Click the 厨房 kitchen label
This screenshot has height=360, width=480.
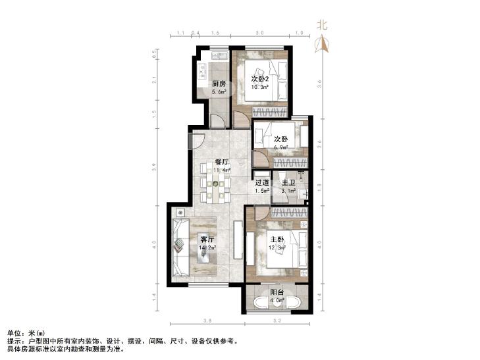tap(219, 84)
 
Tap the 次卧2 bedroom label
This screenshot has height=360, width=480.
tap(260, 79)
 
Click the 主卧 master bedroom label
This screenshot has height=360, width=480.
tap(277, 240)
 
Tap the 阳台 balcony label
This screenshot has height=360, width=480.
tap(277, 292)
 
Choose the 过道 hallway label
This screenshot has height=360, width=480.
tap(262, 183)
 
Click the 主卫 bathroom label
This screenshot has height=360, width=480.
tap(288, 183)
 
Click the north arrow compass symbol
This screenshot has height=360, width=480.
tap(322, 43)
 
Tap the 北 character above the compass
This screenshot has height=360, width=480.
tap(322, 25)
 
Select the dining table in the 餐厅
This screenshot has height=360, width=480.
tap(215, 184)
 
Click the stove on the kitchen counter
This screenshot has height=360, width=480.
tap(202, 70)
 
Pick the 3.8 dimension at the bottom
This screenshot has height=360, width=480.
tap(207, 321)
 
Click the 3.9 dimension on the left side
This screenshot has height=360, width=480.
tap(154, 167)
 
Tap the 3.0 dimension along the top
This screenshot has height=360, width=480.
tap(259, 33)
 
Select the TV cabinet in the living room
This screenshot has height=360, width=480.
tap(238, 240)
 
